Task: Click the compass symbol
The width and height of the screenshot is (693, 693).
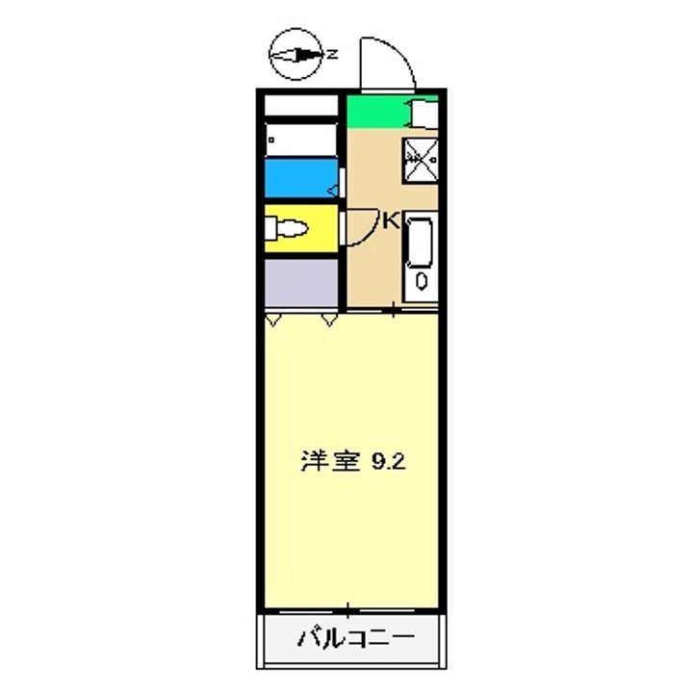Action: pyautogui.click(x=295, y=56)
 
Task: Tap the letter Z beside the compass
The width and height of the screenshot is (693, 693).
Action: pyautogui.click(x=331, y=55)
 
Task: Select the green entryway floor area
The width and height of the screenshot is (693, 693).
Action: pyautogui.click(x=375, y=114)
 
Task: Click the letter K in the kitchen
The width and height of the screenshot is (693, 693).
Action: pyautogui.click(x=391, y=220)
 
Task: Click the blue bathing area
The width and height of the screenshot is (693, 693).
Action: pyautogui.click(x=299, y=177)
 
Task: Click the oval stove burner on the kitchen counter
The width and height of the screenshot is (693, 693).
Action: pyautogui.click(x=421, y=281)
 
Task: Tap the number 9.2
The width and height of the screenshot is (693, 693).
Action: pyautogui.click(x=389, y=462)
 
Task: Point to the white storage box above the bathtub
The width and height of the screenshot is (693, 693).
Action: pyautogui.click(x=299, y=104)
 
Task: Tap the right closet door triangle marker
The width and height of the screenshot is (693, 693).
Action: pyautogui.click(x=330, y=318)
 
